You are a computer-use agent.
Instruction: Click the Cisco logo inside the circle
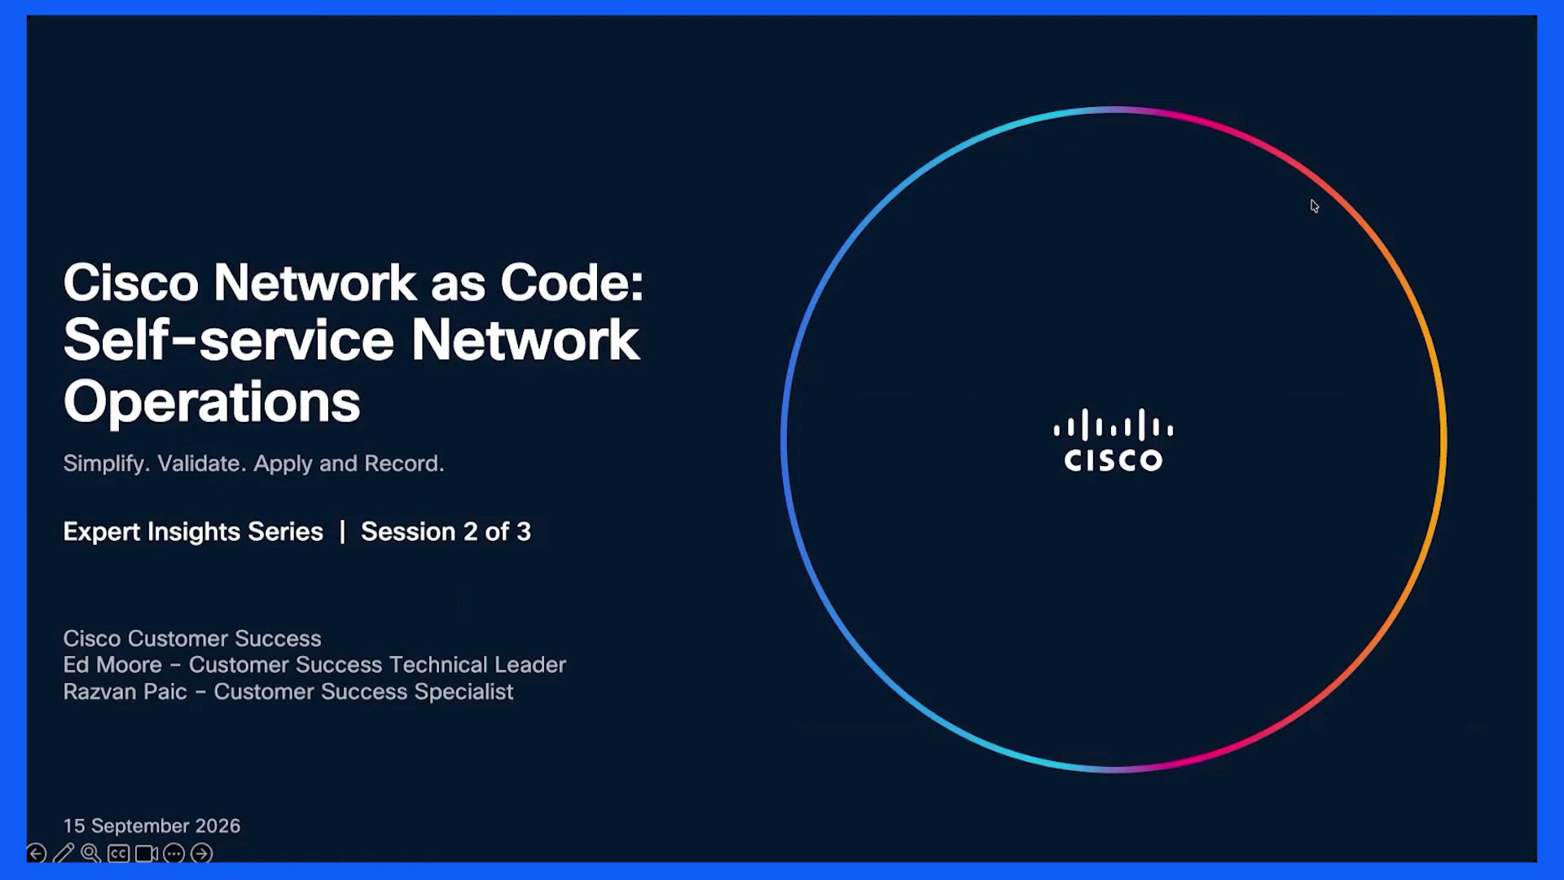[x=1114, y=440]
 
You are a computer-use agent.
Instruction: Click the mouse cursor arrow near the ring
[x=1314, y=206]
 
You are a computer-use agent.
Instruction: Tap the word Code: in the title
[x=572, y=283]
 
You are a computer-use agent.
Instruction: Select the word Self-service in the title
[x=229, y=340]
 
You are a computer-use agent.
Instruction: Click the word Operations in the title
[x=212, y=403]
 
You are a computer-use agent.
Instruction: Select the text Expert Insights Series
[x=193, y=531]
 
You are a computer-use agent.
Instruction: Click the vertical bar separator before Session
[x=342, y=531]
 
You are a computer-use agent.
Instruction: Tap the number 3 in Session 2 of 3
[x=524, y=531]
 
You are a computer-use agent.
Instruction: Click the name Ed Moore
[x=112, y=665]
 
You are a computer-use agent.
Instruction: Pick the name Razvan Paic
[x=125, y=692]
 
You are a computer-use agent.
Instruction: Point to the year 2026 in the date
[x=217, y=825]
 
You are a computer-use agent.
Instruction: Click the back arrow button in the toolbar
[x=37, y=853]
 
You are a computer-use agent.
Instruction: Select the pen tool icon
[x=64, y=853]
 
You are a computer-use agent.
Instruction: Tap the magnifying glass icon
[x=90, y=853]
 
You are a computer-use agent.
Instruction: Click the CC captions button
[x=118, y=853]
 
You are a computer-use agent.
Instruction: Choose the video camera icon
[x=147, y=853]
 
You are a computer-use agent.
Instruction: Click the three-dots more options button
[x=174, y=853]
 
